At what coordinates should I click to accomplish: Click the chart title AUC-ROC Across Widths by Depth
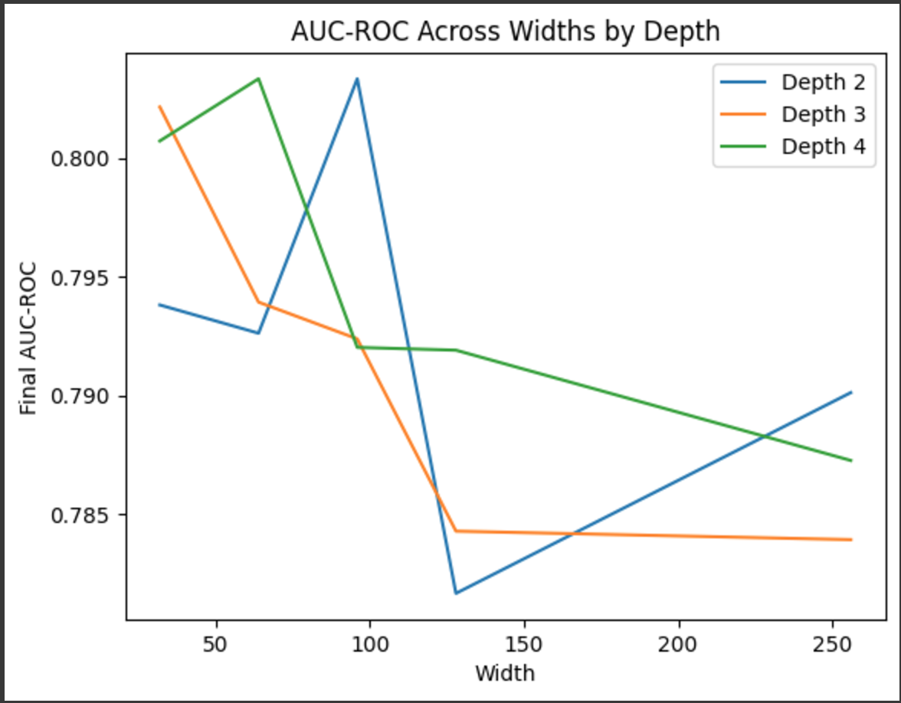506,31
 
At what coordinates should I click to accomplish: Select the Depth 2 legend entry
823,82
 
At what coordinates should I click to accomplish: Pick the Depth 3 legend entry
823,114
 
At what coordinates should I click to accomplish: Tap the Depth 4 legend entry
823,146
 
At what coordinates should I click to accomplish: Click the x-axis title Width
505,673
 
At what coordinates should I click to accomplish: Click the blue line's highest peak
357,78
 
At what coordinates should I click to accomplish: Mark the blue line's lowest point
456,593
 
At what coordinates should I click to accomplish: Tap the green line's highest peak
258,78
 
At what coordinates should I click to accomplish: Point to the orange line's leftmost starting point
159,106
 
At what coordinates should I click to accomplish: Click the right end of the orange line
851,539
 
